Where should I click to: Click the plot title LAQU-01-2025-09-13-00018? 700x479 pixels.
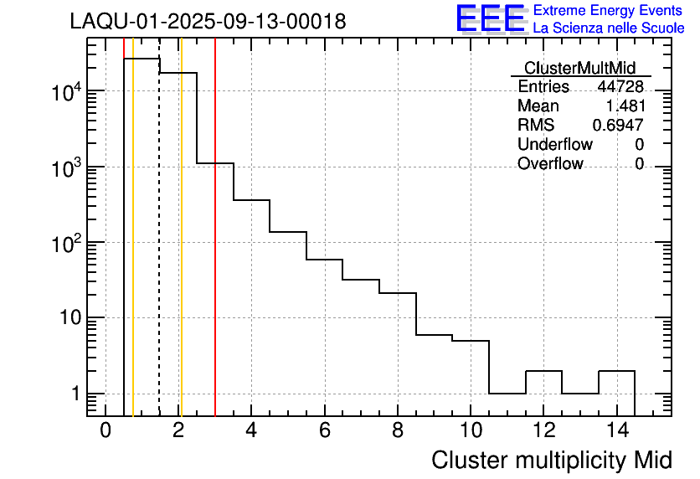pos(208,22)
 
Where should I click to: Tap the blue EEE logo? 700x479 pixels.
pos(491,18)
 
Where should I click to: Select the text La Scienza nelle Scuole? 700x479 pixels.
pos(608,28)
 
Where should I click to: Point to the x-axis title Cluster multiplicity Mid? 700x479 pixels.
pos(551,460)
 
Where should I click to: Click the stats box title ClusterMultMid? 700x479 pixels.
pos(579,68)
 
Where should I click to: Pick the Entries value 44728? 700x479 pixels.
pos(620,87)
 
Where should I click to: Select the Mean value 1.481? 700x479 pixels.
pos(624,106)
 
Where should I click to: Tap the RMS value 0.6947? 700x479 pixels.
pos(617,126)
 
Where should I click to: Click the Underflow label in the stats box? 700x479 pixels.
pos(554,145)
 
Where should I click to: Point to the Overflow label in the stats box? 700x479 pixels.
pos(550,164)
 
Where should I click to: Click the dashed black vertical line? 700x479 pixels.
pos(159,251)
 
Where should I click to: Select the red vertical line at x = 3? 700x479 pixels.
pos(215,251)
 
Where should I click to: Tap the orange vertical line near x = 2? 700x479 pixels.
pos(181,251)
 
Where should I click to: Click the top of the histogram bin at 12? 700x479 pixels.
pos(543,371)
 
